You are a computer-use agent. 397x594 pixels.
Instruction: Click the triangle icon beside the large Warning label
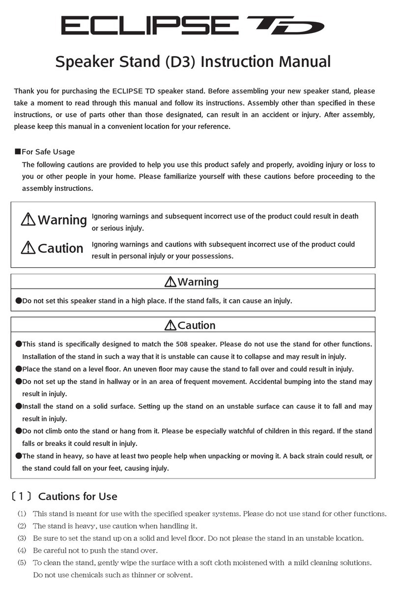(x=28, y=220)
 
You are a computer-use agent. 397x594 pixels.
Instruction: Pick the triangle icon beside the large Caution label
(x=28, y=249)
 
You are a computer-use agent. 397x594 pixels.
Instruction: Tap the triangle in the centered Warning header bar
(x=171, y=282)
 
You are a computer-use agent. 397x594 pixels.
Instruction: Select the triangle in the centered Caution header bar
(x=171, y=325)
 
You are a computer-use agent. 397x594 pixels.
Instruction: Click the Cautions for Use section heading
(x=78, y=496)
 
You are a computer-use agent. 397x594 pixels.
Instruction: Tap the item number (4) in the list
(x=22, y=550)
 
